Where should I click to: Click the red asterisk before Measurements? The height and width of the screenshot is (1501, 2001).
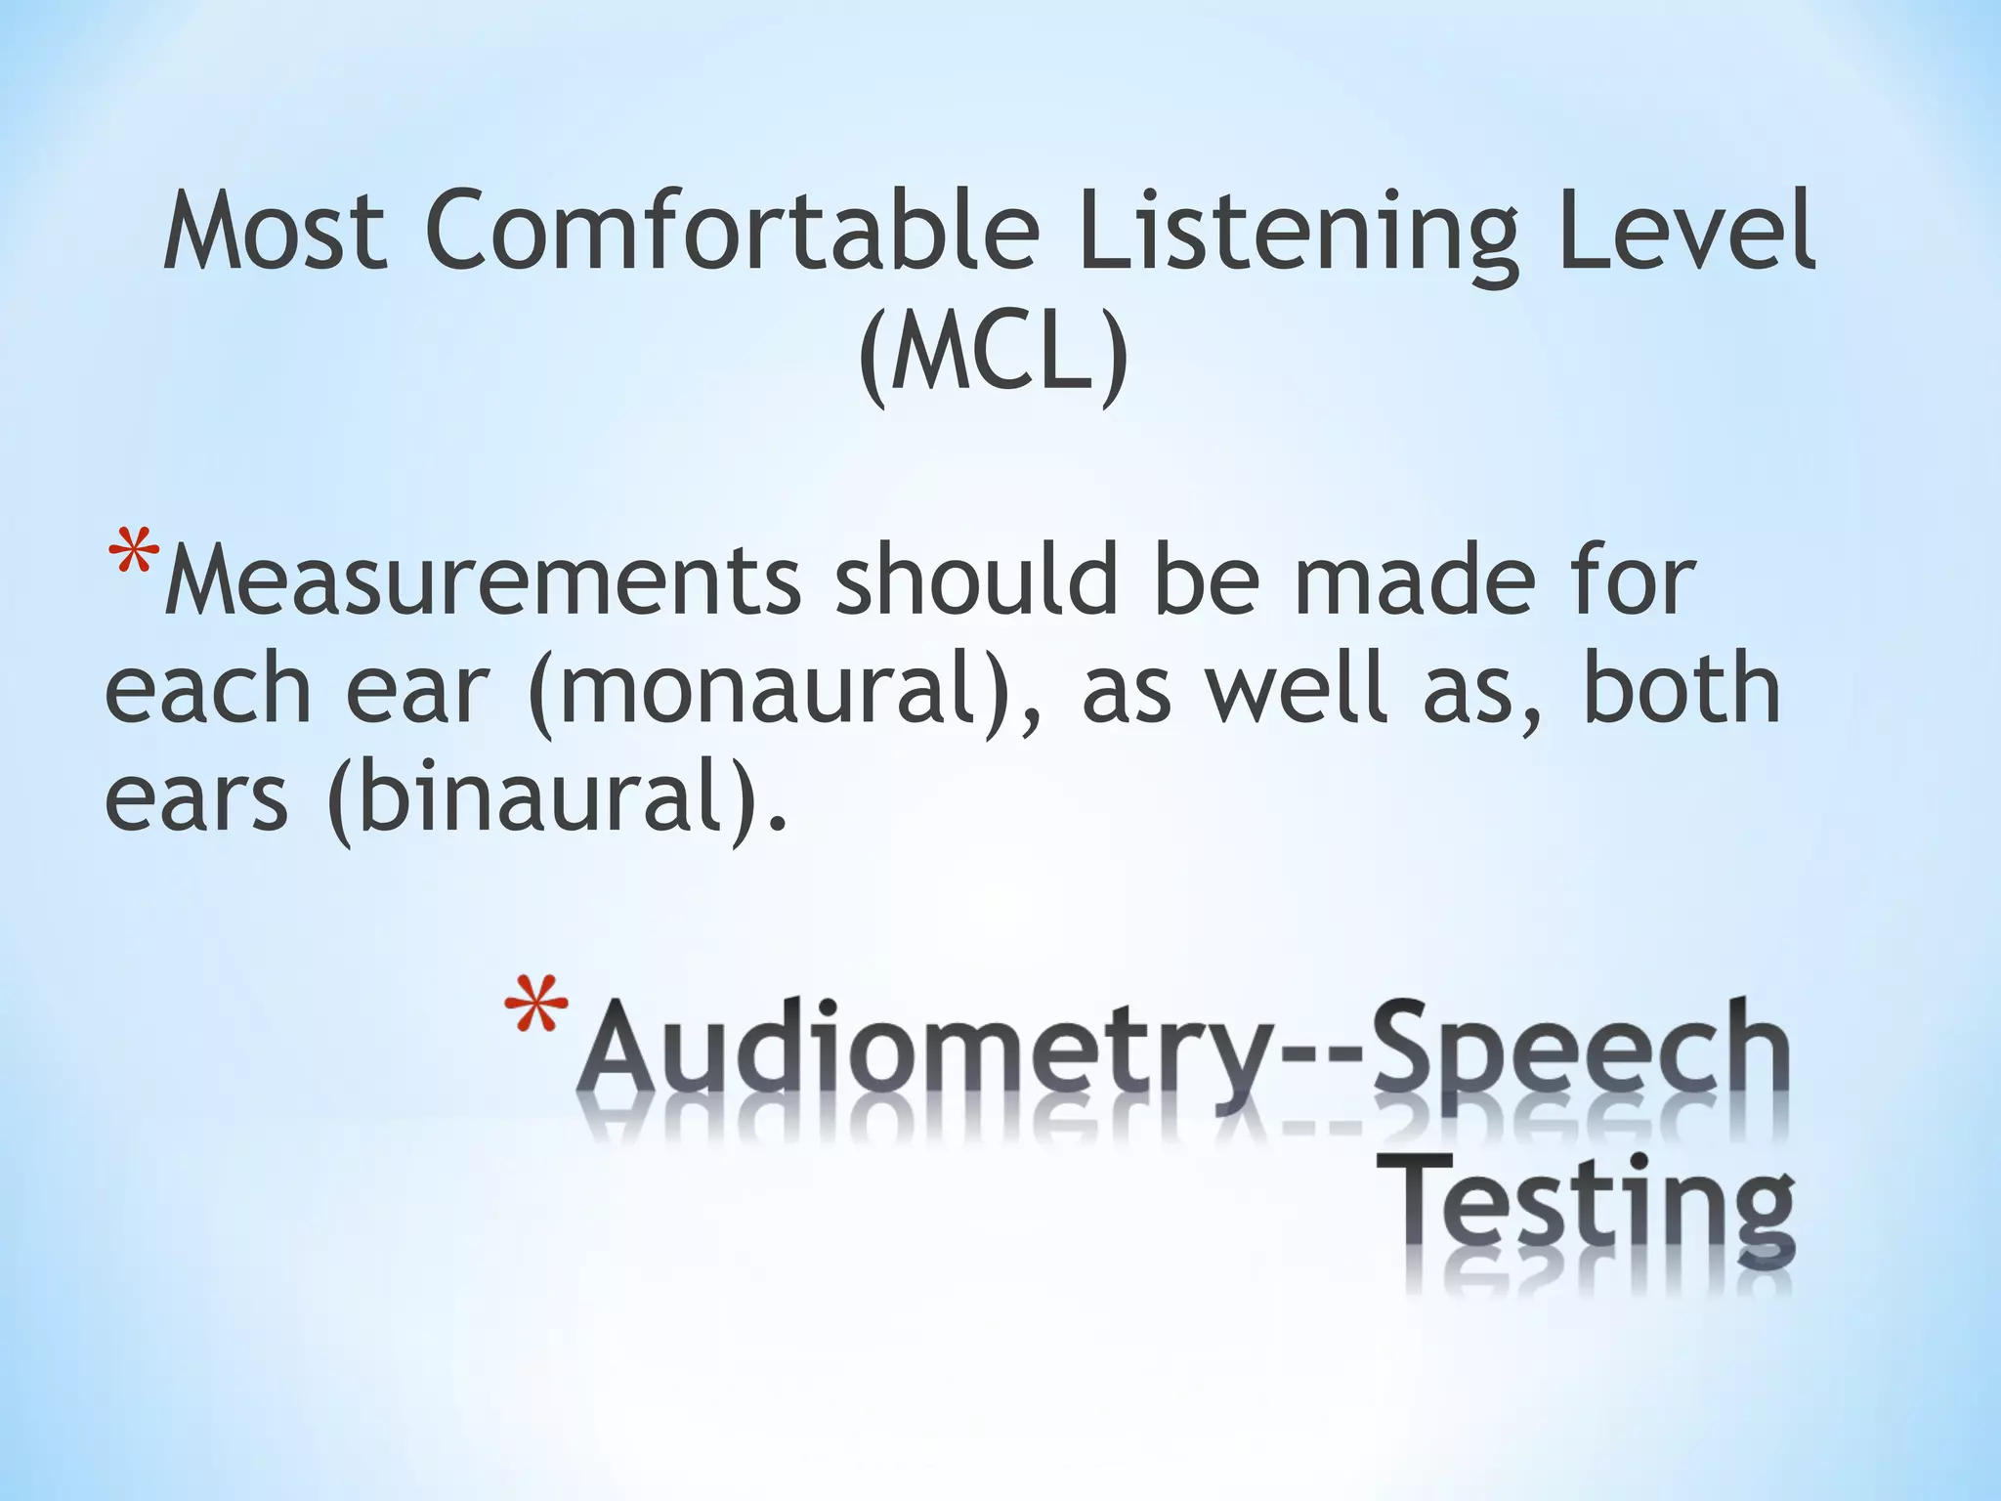point(134,558)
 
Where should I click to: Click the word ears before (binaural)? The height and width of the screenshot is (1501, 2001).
point(196,799)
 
